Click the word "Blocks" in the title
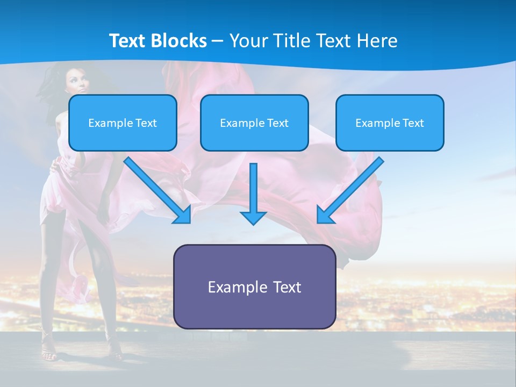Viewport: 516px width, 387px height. pos(178,40)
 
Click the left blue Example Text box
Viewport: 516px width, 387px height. pos(123,123)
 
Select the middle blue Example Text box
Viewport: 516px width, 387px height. pos(254,123)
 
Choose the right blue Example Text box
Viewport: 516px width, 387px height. pos(390,123)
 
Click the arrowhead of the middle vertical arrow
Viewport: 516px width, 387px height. pos(254,217)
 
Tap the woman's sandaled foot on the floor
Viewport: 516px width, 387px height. pos(48,355)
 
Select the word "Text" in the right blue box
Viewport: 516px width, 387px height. pos(413,123)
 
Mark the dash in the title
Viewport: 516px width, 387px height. pos(218,41)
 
